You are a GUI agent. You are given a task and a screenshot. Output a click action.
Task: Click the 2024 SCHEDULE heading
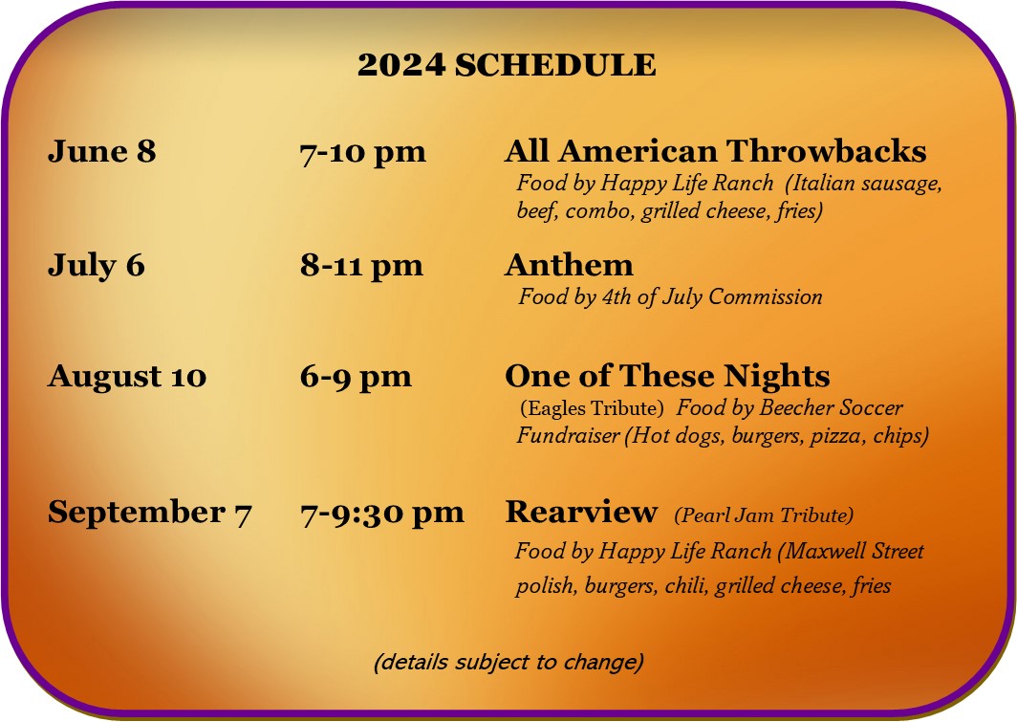pos(507,65)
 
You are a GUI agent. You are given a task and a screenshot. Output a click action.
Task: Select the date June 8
pos(102,151)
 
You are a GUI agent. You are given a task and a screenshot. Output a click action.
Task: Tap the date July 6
pos(96,265)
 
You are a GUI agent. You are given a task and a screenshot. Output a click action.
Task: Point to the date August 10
pos(127,376)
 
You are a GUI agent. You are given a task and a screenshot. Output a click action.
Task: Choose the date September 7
pos(149,513)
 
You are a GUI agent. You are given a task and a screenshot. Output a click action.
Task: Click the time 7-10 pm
pos(362,152)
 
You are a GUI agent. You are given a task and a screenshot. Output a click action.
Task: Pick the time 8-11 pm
pos(361,266)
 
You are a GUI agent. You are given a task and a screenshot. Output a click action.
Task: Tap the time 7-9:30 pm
pos(382,514)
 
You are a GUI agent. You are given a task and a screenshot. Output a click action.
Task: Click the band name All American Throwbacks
pos(715,151)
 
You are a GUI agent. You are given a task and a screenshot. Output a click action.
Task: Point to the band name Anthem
pos(569,265)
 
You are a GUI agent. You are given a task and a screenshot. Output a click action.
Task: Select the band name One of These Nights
pos(667,376)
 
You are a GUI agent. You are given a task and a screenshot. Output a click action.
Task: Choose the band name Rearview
pos(581,512)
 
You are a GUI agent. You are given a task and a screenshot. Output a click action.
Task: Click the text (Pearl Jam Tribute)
pos(764,515)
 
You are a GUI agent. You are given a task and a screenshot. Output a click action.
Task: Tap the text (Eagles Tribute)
pos(592,408)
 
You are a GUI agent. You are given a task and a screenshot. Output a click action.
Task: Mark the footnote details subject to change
pos(508,663)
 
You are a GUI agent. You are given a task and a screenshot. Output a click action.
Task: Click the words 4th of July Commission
pos(712,297)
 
